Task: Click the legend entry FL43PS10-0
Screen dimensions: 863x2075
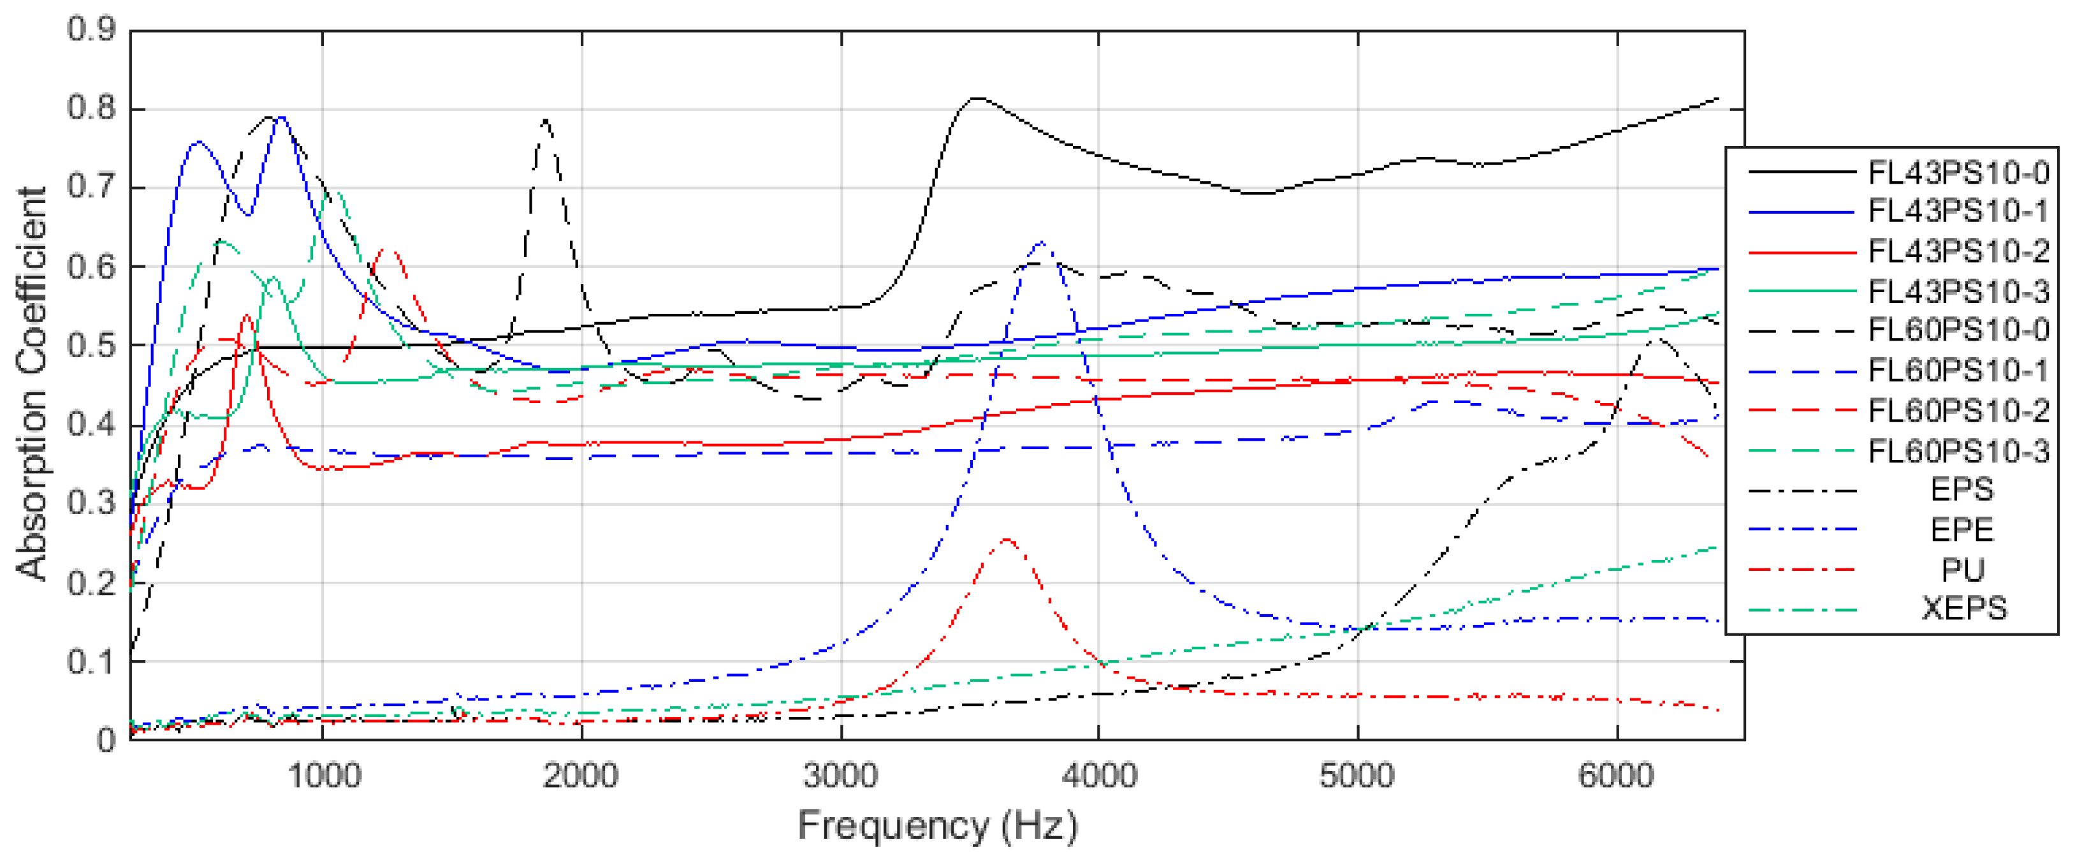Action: click(x=1958, y=172)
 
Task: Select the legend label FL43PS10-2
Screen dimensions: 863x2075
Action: click(x=1958, y=251)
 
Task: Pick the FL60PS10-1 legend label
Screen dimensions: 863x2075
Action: click(x=1958, y=371)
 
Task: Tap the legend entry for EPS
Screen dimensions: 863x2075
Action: click(x=1962, y=489)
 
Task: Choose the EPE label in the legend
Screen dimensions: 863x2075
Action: click(x=1962, y=529)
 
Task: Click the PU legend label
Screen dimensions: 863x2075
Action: click(x=1962, y=570)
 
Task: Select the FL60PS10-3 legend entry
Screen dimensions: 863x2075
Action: click(x=1958, y=450)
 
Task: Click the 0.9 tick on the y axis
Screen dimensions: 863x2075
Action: click(x=91, y=30)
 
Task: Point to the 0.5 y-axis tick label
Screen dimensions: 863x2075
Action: click(x=91, y=346)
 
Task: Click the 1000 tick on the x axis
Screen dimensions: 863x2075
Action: click(x=323, y=776)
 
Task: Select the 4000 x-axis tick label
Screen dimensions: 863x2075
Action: click(x=1099, y=776)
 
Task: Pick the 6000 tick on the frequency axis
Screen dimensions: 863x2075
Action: click(x=1616, y=776)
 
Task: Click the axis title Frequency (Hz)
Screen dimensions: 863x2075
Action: click(x=937, y=826)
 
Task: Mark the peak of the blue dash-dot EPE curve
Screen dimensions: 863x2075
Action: click(x=1042, y=242)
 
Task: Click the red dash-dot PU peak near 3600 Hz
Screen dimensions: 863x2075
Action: click(x=1007, y=539)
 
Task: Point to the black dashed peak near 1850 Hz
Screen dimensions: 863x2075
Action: click(x=546, y=120)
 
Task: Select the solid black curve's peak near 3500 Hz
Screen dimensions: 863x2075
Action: click(x=975, y=98)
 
